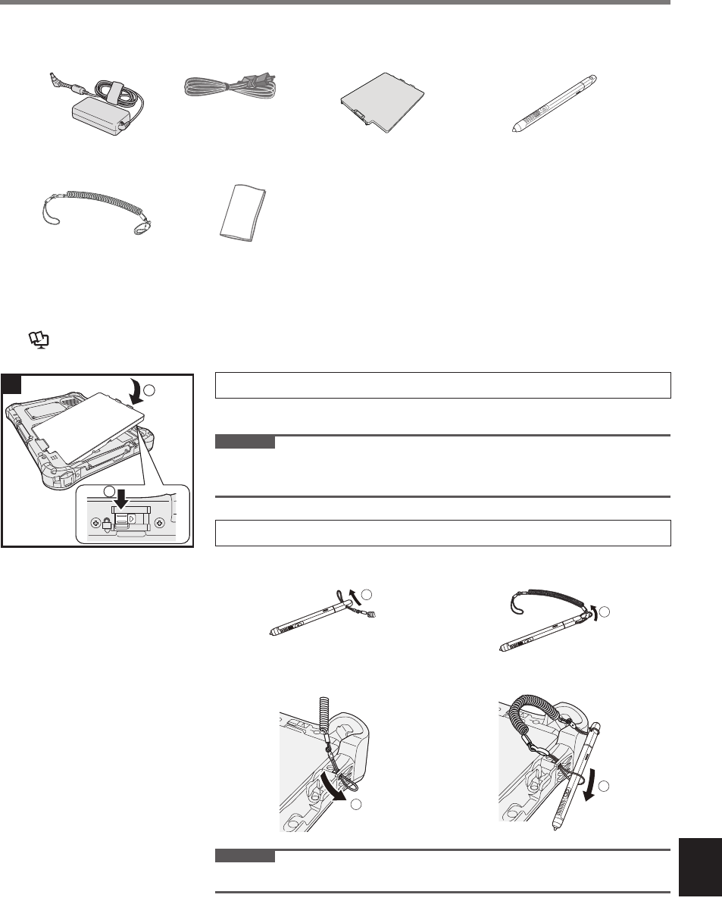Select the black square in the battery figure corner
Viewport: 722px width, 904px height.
[x=10, y=383]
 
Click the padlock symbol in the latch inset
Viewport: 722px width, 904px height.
[x=108, y=524]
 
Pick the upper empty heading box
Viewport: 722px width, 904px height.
[x=444, y=386]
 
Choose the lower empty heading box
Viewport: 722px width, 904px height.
[x=444, y=533]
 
